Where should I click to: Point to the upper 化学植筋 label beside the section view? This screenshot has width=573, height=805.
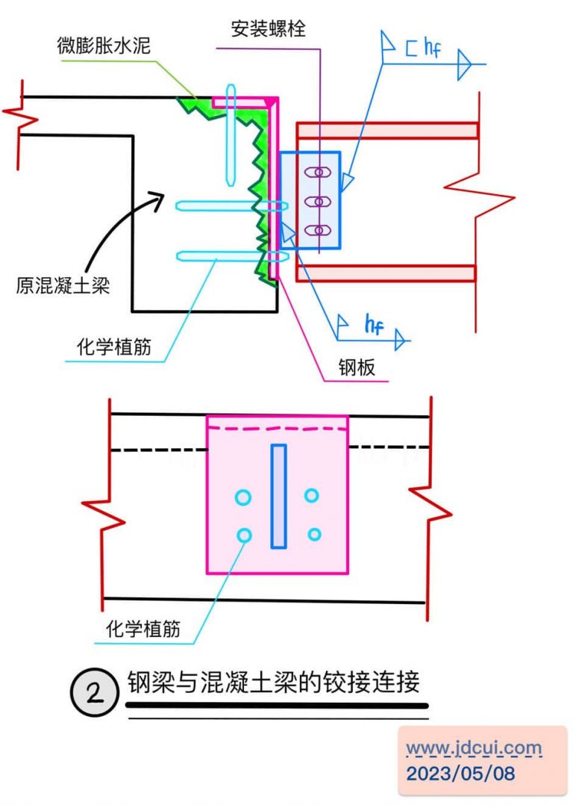(114, 347)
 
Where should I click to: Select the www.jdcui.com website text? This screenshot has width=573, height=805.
(474, 747)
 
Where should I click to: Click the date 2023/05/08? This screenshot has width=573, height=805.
(460, 773)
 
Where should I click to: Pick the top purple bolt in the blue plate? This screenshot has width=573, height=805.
(319, 172)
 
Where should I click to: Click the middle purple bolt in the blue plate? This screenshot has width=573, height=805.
(319, 202)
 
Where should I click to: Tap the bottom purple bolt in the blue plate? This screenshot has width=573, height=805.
(319, 231)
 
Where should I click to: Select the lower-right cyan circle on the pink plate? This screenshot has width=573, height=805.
(314, 534)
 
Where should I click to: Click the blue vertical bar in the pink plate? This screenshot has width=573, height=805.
(278, 496)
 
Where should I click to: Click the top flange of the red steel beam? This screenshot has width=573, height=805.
(386, 131)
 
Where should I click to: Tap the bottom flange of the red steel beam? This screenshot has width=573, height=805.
(386, 273)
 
